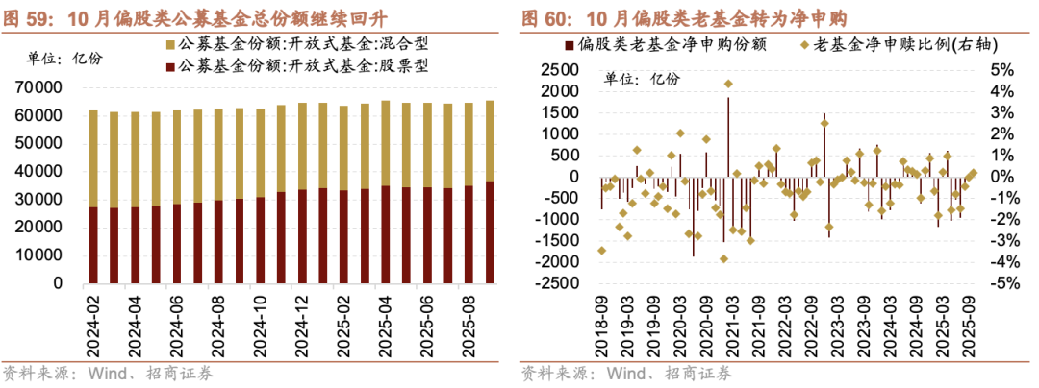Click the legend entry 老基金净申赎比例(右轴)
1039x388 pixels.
click(896, 45)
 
